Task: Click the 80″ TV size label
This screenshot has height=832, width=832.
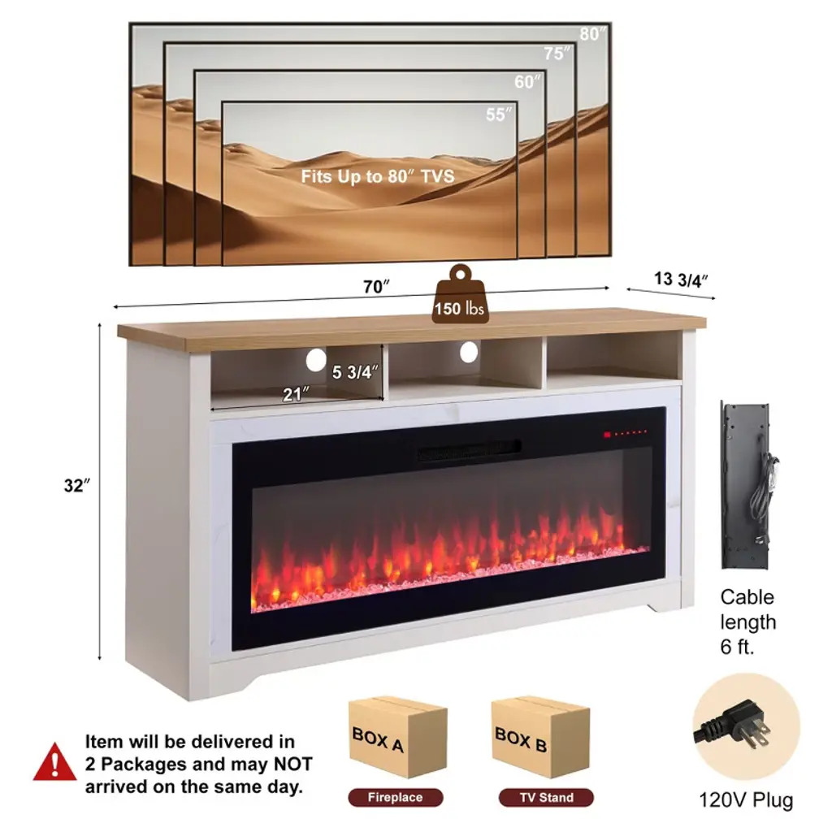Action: click(591, 34)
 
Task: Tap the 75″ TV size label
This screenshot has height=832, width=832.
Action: click(558, 54)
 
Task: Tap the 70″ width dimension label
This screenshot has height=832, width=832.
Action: click(376, 286)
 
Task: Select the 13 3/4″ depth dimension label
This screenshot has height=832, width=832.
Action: click(682, 279)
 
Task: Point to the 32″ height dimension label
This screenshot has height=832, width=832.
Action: click(76, 486)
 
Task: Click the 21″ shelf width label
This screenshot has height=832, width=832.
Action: click(296, 394)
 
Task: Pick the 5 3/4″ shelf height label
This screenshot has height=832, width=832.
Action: click(356, 373)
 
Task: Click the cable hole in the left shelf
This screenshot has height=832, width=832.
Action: click(315, 359)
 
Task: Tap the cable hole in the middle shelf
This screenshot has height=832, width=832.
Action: click(468, 351)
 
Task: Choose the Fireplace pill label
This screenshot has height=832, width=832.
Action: click(396, 798)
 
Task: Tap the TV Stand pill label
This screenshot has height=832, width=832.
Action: click(546, 798)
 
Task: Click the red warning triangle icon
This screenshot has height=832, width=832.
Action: click(55, 762)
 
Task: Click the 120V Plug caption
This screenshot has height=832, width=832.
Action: click(746, 799)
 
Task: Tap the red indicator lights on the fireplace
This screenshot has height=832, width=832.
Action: click(626, 434)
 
